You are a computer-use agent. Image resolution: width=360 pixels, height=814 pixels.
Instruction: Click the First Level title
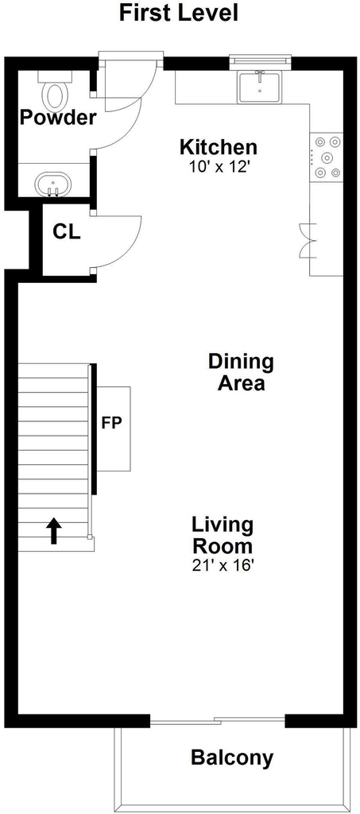tap(179, 14)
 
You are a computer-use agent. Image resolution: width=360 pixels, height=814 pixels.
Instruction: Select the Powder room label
tap(58, 118)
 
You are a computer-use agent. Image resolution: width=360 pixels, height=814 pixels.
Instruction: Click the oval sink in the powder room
tap(52, 184)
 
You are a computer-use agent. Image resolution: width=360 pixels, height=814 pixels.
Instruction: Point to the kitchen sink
tap(260, 87)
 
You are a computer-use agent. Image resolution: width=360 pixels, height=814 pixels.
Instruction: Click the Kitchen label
tap(218, 147)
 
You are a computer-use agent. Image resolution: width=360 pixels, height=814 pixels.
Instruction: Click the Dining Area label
tap(241, 372)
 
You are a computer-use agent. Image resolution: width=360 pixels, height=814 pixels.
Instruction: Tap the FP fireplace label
tap(111, 423)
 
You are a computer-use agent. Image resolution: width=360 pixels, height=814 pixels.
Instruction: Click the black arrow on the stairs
tap(54, 531)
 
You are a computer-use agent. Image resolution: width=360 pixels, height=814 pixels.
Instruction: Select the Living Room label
tap(223, 535)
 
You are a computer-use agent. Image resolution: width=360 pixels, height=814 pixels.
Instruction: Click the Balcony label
tap(232, 758)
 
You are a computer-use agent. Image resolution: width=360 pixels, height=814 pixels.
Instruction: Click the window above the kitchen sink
tap(261, 60)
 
